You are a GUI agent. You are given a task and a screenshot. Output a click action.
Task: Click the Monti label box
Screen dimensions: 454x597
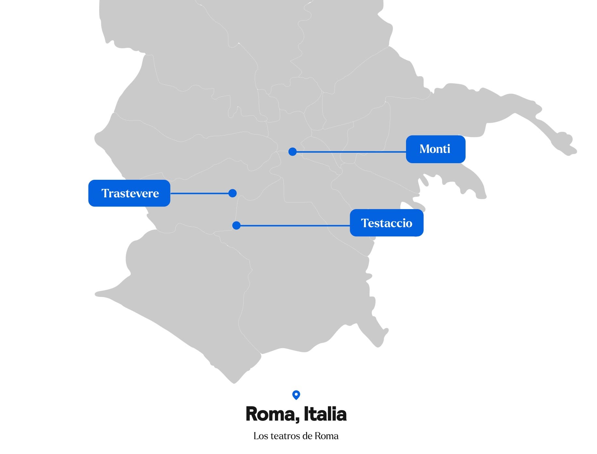435,149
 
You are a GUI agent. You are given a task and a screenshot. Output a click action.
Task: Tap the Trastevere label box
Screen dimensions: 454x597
129,193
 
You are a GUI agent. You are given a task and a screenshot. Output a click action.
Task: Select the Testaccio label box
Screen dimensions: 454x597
387,223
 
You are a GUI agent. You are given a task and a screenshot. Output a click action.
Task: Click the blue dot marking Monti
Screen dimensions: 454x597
292,151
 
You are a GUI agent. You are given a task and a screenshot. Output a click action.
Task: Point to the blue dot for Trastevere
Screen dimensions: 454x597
232,193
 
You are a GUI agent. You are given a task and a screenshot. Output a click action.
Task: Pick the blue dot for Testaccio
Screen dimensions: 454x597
237,225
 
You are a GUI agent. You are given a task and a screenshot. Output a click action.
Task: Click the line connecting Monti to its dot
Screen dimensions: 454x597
350,152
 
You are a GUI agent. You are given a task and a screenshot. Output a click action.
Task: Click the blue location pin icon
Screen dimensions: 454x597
296,395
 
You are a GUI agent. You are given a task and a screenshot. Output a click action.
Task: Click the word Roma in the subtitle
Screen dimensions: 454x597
326,436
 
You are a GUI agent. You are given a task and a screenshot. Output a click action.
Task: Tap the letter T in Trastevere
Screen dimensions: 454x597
105,193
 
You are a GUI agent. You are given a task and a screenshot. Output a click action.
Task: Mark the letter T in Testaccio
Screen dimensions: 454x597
365,223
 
